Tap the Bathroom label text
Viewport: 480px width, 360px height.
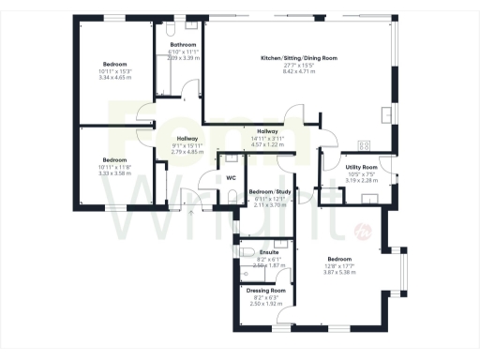pos(183,45)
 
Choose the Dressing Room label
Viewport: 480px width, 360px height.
pos(266,291)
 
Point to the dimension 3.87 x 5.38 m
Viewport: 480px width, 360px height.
pos(339,272)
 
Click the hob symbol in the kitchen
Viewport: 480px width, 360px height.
pos(366,144)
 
